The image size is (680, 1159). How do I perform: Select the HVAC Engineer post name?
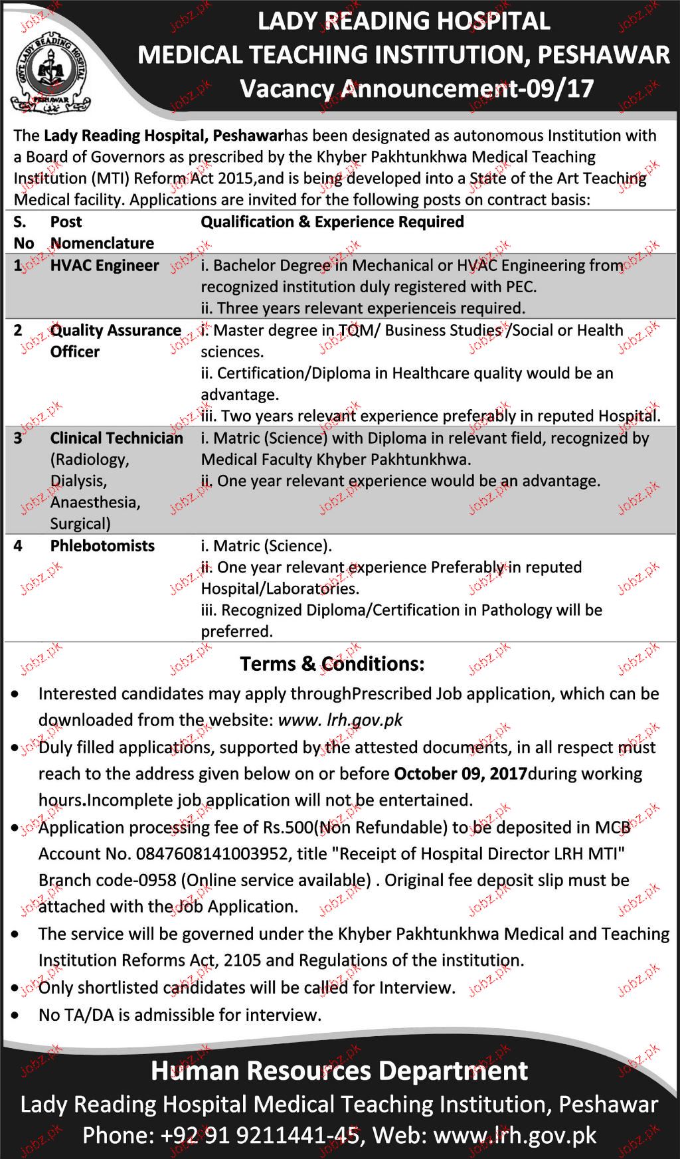click(104, 266)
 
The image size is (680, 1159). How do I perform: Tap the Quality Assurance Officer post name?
click(116, 341)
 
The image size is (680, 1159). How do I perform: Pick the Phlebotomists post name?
click(102, 546)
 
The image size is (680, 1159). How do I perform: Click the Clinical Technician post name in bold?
click(117, 438)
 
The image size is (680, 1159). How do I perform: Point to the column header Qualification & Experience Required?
click(332, 222)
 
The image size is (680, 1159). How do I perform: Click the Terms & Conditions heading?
click(332, 664)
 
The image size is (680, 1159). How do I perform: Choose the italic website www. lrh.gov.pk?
click(341, 720)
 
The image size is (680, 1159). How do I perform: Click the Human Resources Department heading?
click(339, 1071)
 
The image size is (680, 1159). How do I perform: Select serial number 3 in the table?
click(18, 438)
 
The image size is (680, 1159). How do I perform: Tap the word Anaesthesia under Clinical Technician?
click(95, 502)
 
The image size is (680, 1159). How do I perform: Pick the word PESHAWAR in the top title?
click(604, 54)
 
